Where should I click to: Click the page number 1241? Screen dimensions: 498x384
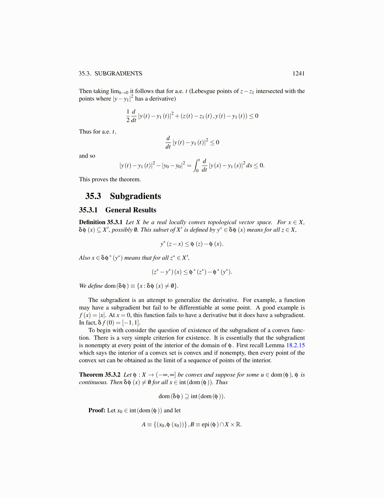298,74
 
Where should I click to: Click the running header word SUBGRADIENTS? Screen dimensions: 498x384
118,74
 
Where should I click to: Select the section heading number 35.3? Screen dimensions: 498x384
93,196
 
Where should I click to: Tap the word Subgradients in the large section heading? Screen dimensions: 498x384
135,196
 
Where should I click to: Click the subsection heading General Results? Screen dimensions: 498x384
131,210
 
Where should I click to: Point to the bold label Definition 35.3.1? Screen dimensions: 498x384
101,222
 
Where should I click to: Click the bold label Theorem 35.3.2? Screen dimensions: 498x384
100,375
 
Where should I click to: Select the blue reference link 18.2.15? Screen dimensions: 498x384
296,345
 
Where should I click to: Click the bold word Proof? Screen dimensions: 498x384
97,410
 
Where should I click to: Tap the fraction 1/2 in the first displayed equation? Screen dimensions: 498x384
128,116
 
